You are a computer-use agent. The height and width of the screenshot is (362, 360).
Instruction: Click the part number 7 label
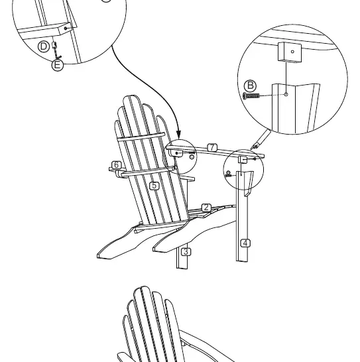click(212, 148)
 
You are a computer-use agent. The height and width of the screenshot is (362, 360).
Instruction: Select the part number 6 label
click(117, 165)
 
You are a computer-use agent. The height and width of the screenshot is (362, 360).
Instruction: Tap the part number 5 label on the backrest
click(154, 186)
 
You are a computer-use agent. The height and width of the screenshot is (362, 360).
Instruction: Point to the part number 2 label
click(206, 208)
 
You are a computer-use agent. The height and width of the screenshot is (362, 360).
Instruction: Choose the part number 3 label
click(186, 252)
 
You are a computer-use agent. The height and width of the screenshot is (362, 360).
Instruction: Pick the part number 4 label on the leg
click(245, 243)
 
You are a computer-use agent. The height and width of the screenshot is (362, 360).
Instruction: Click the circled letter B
click(250, 86)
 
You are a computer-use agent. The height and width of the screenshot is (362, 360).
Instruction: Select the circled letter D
click(44, 46)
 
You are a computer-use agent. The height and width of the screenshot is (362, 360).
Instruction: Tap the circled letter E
click(57, 65)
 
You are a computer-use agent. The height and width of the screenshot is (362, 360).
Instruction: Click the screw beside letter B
click(251, 95)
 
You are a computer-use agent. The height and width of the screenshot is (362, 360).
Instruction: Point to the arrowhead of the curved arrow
click(178, 134)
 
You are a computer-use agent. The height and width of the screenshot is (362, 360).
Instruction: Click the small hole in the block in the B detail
click(292, 52)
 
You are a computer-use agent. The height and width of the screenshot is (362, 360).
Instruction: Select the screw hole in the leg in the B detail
click(286, 94)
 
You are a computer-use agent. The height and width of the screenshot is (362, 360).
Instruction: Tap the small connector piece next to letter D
click(54, 45)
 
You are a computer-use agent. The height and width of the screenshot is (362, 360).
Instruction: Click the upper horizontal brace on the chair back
click(141, 137)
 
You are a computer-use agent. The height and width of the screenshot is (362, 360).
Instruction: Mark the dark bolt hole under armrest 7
click(177, 153)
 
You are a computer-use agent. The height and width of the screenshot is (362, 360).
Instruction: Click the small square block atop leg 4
click(243, 160)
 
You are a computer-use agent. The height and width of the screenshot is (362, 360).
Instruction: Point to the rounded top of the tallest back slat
click(131, 97)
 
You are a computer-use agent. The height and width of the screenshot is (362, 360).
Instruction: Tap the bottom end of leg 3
click(182, 267)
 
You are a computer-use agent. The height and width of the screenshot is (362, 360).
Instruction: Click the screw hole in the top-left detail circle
click(66, 29)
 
